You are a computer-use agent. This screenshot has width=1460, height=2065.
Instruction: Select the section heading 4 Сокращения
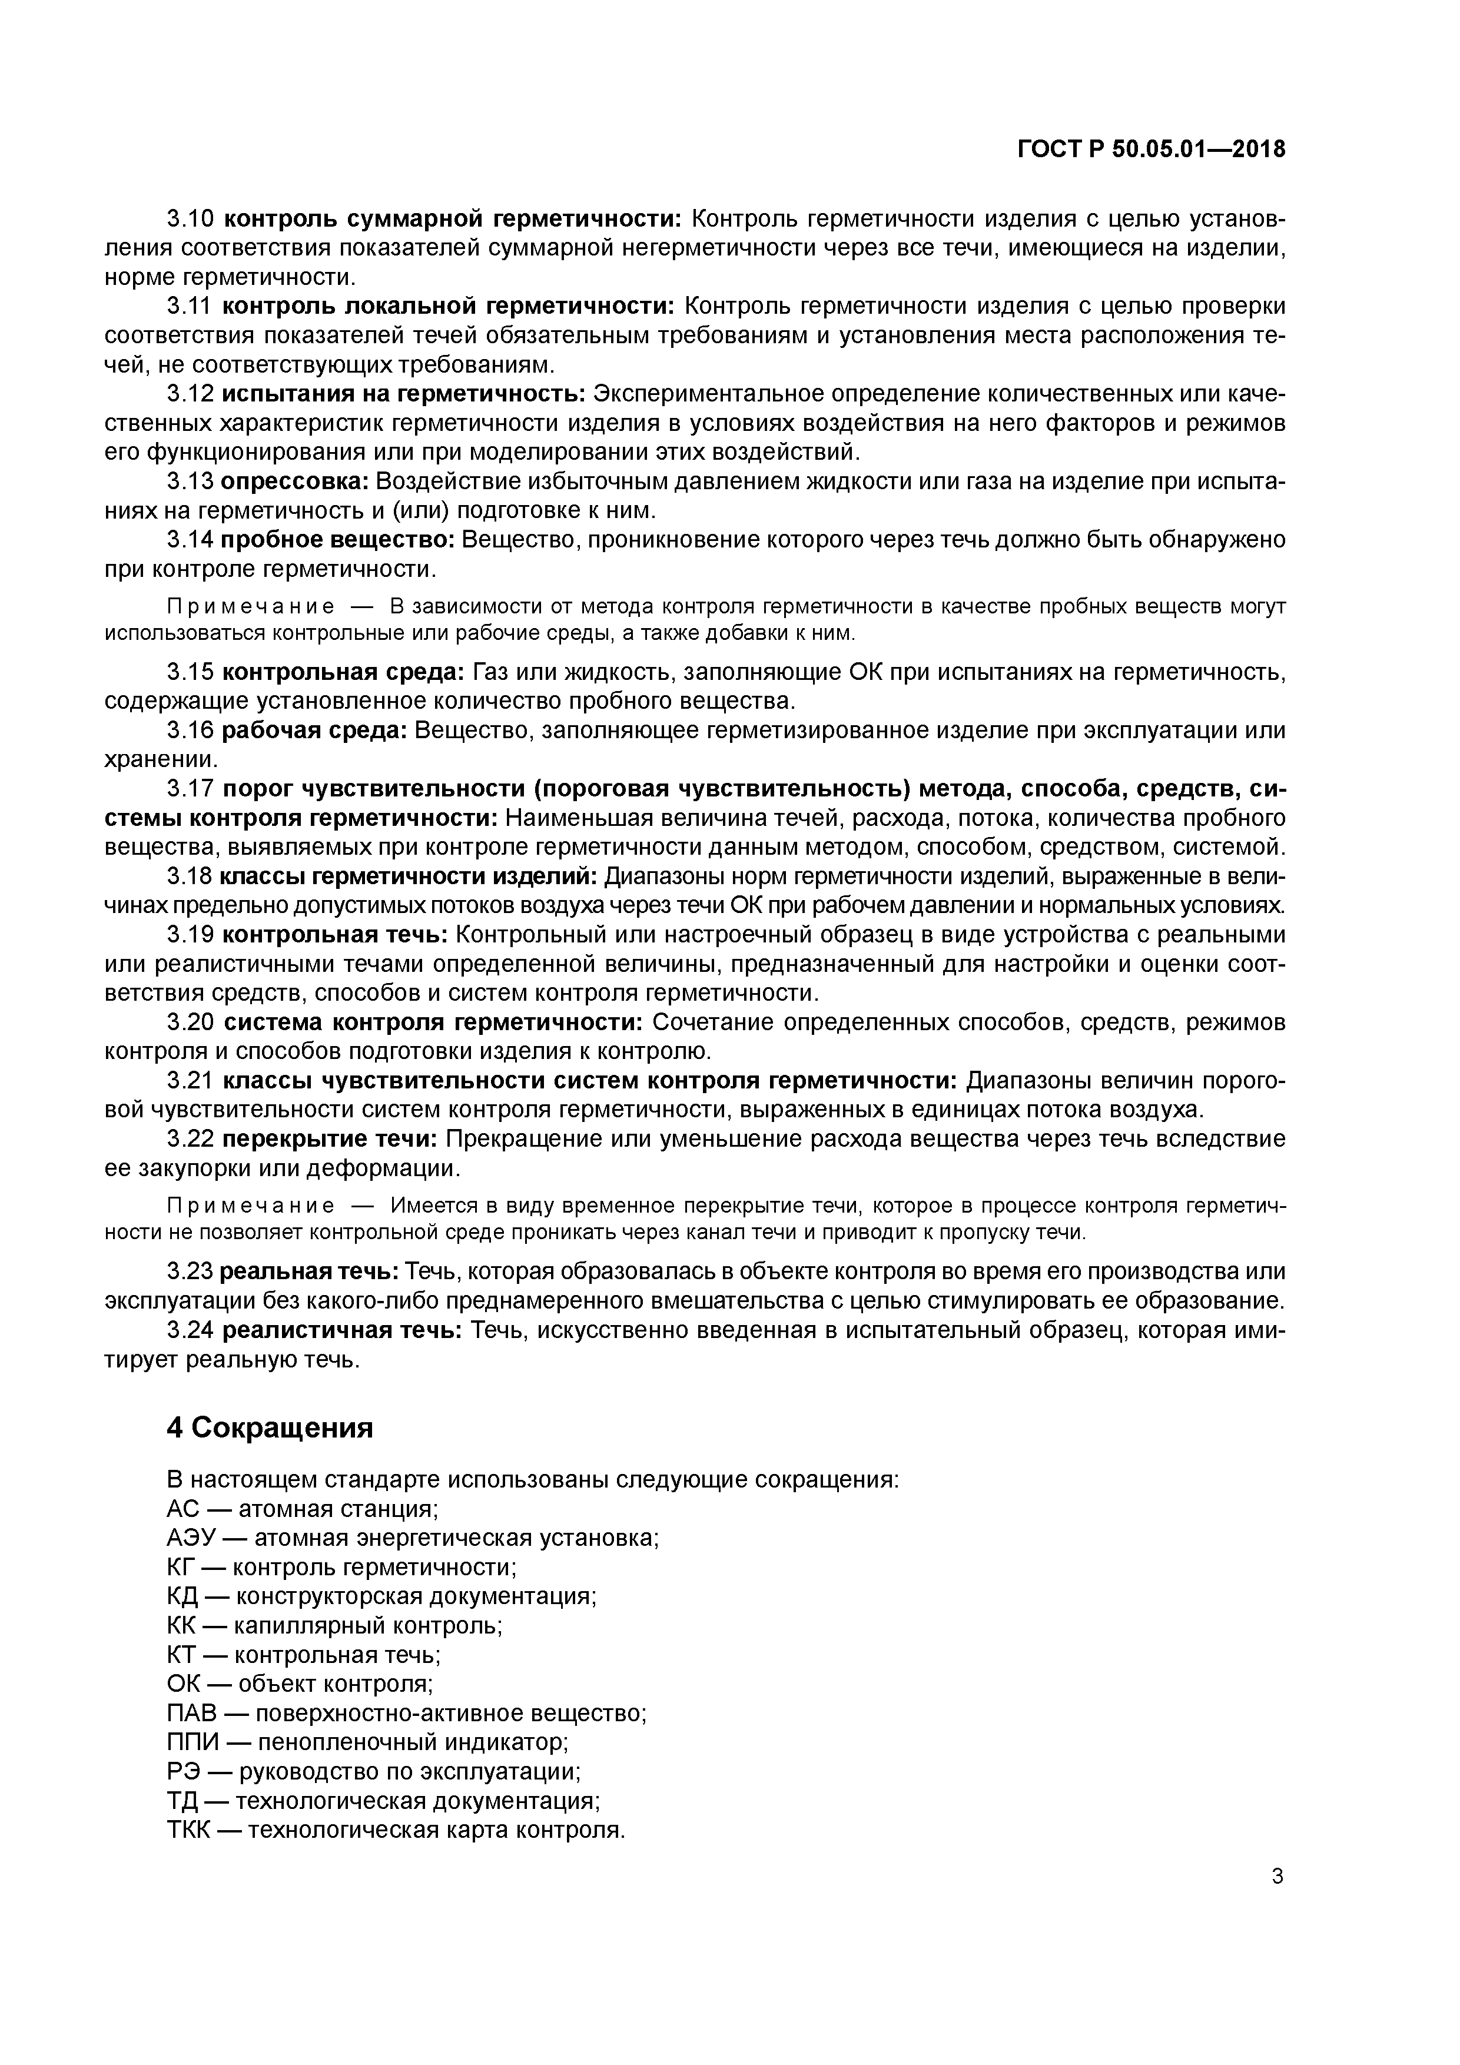pos(269,1427)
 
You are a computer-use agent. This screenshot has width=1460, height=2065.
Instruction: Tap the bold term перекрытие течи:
pos(329,1138)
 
